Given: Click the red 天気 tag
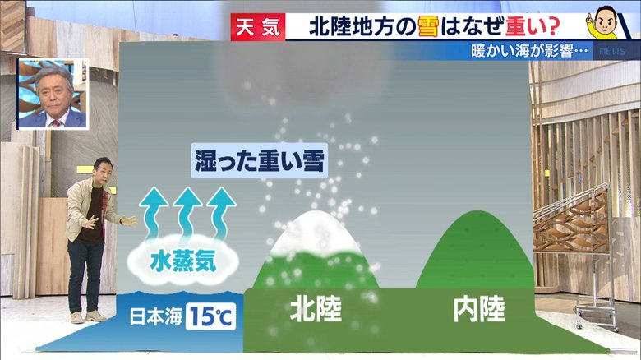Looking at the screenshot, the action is pos(258,27).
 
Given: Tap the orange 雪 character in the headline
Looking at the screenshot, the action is pos(428,27).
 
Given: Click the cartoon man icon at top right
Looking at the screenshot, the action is pos(603,22).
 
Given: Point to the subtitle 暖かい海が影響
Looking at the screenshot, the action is pos(529,51).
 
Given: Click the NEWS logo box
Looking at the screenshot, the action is pos(612,51).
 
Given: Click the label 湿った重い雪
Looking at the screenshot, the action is pos(259,161).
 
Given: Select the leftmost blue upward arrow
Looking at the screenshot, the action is pos(154,213).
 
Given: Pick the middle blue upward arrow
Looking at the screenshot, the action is pos(187,213).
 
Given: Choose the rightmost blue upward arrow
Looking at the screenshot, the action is pos(221,213).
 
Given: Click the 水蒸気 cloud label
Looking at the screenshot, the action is pos(183,261).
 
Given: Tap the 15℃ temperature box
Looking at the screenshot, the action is pos(210,316).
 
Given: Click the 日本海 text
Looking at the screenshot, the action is pos(156,316).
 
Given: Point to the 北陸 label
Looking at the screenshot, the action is pos(316,310).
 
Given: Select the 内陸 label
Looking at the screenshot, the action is pos(479,310).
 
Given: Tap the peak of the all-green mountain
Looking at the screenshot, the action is pos(477,212).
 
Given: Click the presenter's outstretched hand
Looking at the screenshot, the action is pos(130,221).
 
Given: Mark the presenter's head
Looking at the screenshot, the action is pos(102,168).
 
